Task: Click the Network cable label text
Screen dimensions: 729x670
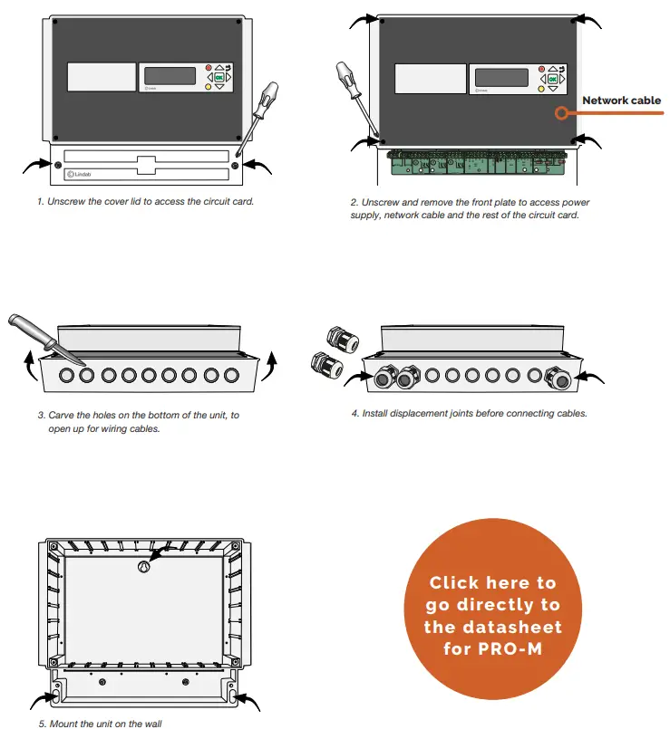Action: [x=621, y=101]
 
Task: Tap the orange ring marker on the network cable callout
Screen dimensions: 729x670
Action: [x=562, y=114]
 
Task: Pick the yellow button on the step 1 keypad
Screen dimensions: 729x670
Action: [x=209, y=88]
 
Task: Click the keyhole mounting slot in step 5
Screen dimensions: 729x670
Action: [x=142, y=566]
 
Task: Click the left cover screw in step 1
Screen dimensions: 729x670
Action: [x=59, y=166]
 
